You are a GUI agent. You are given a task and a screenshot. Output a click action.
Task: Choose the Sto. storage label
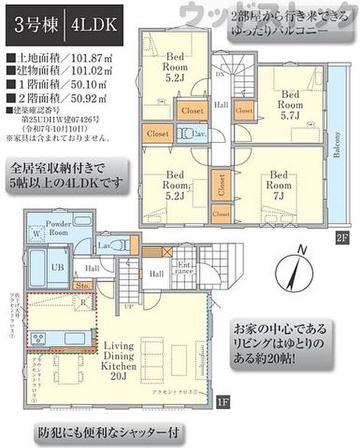pos(81,286)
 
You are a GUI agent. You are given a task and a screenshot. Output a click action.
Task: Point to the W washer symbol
pos(37,233)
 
